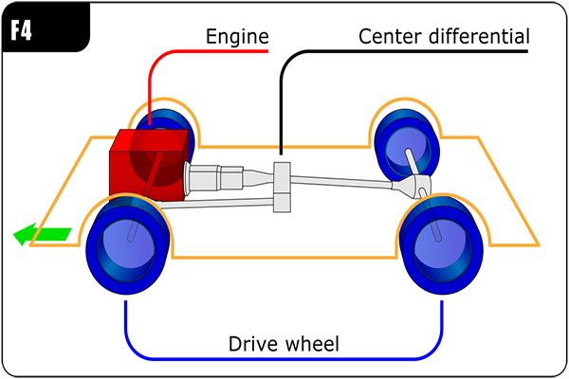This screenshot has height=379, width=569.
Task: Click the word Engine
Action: point(237,38)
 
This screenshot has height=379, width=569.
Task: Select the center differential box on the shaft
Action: point(281,187)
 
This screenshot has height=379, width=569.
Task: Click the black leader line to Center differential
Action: point(281,95)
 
